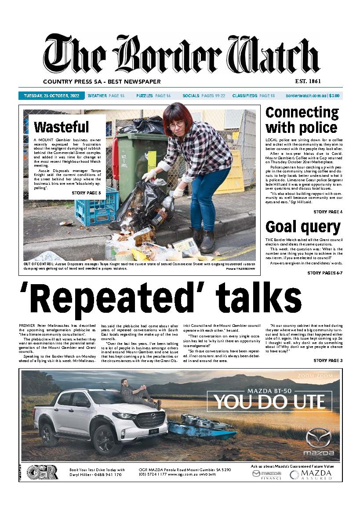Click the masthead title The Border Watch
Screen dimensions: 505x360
(x=181, y=55)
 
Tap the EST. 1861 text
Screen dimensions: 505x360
(x=302, y=81)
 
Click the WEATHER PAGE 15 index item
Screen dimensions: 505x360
(x=106, y=95)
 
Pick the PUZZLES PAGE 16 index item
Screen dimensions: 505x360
(x=153, y=95)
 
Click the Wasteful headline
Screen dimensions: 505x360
(x=61, y=127)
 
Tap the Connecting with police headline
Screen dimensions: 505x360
(x=302, y=120)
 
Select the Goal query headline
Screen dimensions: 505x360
(x=303, y=227)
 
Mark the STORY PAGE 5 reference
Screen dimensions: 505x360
(x=86, y=193)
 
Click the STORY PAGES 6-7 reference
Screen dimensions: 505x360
(x=324, y=273)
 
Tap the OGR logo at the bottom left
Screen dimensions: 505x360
(x=42, y=472)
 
